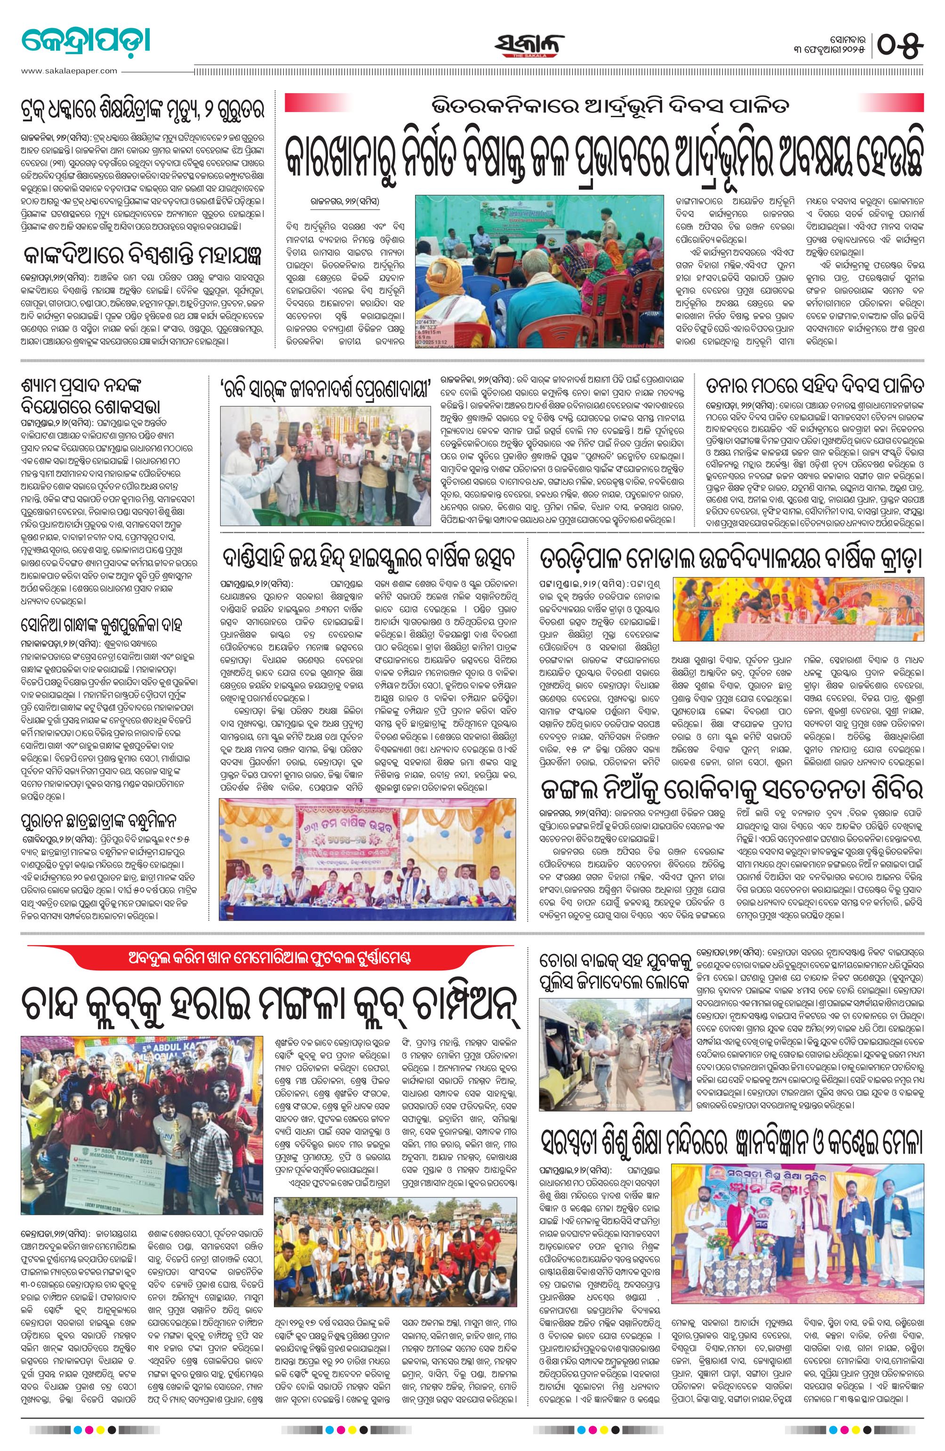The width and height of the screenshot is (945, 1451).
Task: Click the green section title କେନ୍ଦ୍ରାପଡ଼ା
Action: (x=85, y=41)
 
